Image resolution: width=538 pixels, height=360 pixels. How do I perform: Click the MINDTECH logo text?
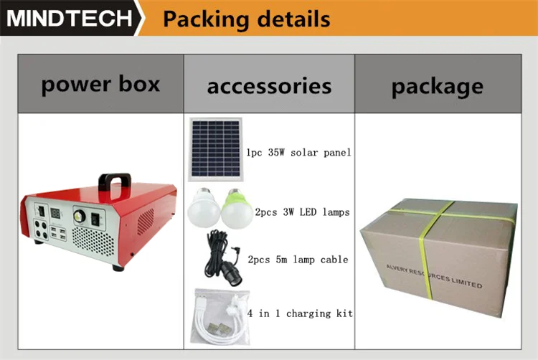coord(70,18)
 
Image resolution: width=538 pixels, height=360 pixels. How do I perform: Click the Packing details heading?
coord(246,19)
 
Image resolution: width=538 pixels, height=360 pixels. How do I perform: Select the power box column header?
coord(100,85)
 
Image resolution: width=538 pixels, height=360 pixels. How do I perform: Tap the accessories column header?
coord(269,87)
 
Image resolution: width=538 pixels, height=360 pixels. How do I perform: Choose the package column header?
coord(437,87)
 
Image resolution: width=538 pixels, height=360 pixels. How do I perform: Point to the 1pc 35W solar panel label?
coord(298,153)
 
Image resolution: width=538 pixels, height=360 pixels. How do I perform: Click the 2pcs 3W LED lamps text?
coord(302,212)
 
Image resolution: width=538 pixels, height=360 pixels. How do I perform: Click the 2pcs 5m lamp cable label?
coord(297,259)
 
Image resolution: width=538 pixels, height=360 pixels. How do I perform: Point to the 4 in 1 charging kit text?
coord(300,313)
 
